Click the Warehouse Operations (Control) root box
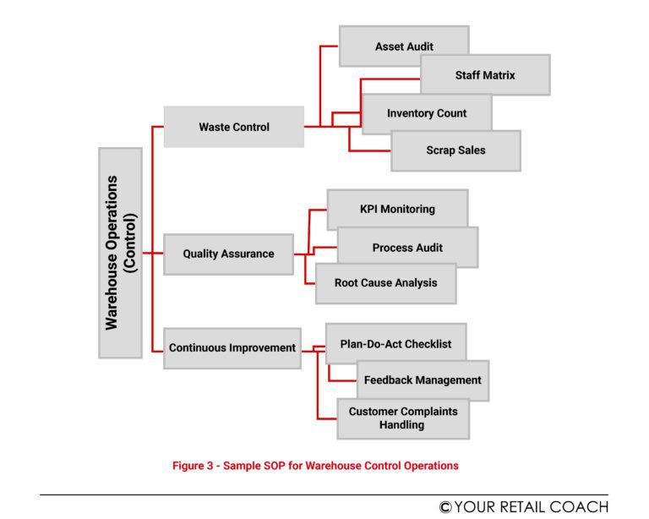click(120, 253)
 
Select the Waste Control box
click(233, 127)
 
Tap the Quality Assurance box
click(228, 254)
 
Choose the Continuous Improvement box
click(232, 347)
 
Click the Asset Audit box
click(403, 46)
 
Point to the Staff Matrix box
click(484, 75)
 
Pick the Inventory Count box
click(427, 113)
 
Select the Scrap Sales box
click(455, 150)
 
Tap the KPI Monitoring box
click(397, 209)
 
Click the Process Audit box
click(407, 248)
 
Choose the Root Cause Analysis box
click(385, 283)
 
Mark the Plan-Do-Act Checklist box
click(395, 344)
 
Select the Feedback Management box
click(423, 380)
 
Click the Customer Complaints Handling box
click(403, 418)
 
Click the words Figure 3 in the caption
click(194, 466)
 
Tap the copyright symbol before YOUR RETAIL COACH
click(445, 507)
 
